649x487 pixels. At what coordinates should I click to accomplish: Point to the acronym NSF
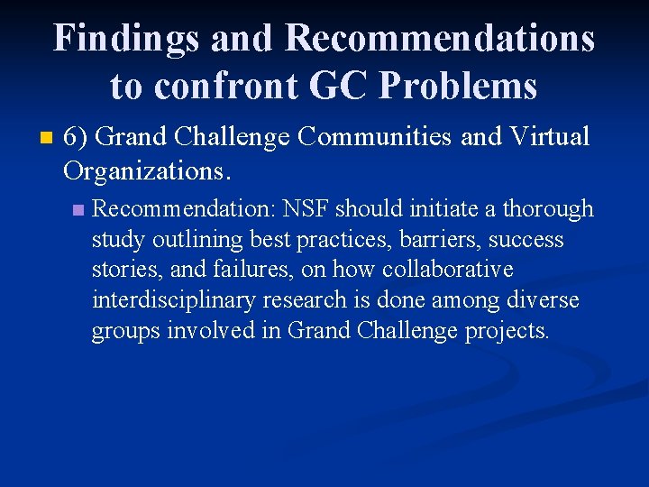tap(306, 209)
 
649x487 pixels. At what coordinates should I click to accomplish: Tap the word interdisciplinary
tap(171, 300)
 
